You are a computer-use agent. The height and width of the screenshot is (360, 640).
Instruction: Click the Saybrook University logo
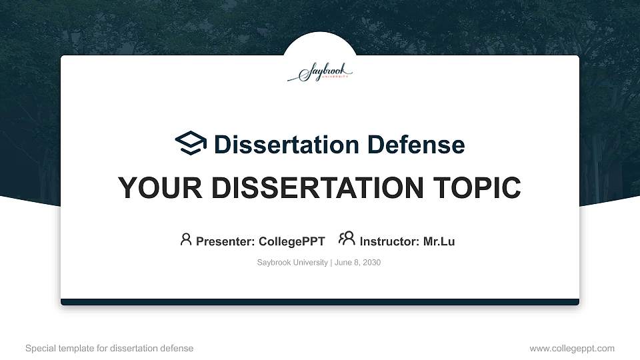(320, 73)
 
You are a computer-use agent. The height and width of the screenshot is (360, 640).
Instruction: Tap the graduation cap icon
(191, 143)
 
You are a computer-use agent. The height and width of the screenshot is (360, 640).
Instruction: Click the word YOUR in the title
(150, 188)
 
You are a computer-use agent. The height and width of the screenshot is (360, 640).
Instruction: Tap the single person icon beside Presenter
(186, 239)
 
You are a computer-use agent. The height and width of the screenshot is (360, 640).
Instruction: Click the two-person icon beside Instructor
(347, 239)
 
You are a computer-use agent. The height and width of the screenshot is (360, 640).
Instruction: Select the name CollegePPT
(291, 241)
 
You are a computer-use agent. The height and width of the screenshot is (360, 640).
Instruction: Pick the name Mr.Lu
(439, 241)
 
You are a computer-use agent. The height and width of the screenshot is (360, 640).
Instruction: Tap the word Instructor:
(390, 241)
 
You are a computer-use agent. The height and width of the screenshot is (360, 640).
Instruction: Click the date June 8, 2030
(357, 263)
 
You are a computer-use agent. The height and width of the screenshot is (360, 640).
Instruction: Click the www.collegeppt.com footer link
(571, 348)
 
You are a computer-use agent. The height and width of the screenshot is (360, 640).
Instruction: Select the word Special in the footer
(40, 348)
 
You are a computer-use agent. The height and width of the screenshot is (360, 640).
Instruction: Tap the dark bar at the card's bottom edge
(320, 302)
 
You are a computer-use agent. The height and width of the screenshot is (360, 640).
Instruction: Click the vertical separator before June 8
(331, 263)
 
